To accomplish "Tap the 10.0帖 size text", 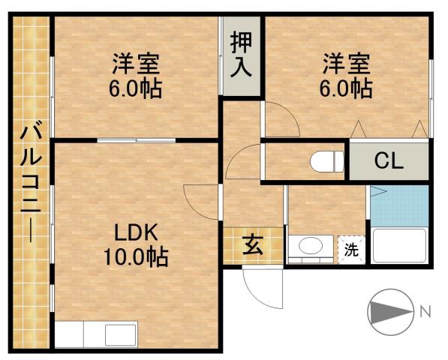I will [x=136, y=258].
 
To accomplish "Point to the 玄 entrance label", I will [x=252, y=245].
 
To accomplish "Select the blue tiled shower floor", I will [x=398, y=205].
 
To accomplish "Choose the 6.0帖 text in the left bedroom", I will [x=136, y=88].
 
